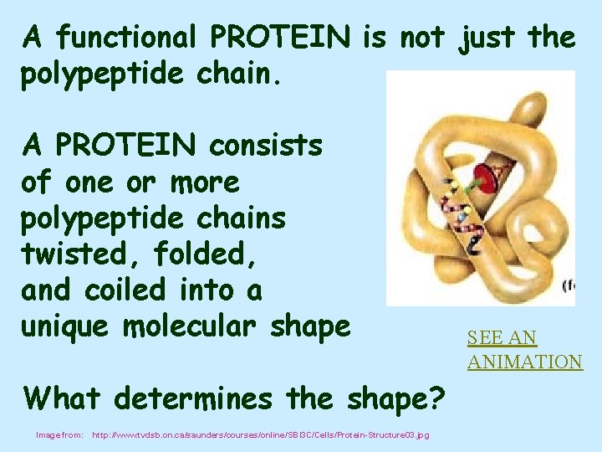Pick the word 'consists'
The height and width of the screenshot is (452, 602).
point(266,146)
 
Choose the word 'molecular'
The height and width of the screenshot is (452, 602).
point(202,326)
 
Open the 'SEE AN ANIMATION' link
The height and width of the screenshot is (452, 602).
point(524,350)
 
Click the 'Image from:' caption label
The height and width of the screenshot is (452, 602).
point(59,435)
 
